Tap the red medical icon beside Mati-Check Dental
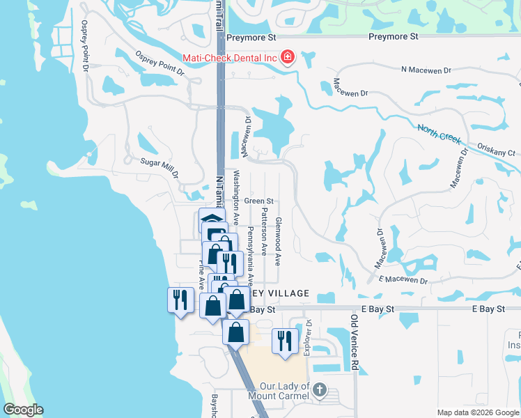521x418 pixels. click(x=287, y=58)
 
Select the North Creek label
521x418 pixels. click(x=439, y=134)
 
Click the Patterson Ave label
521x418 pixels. click(x=264, y=230)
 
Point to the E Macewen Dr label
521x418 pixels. click(x=403, y=279)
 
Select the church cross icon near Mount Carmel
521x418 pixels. click(x=320, y=389)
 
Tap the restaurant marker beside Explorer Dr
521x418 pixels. click(x=284, y=340)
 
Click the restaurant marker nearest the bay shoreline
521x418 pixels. click(x=180, y=300)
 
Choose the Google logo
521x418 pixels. click(x=23, y=410)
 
